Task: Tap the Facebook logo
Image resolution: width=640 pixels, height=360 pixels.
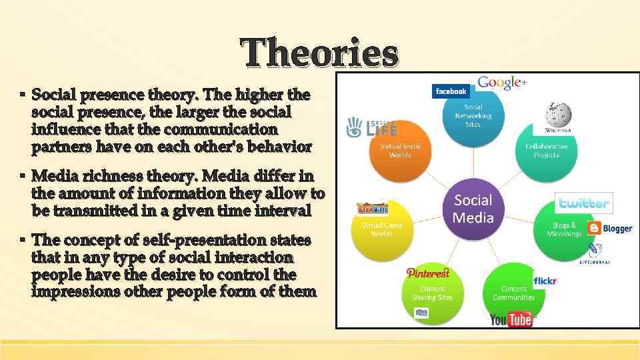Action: (451, 91)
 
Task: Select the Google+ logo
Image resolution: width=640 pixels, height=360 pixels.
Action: (502, 83)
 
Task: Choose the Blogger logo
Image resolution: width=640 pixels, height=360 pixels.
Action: (610, 228)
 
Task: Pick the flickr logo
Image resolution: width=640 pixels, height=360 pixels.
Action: (545, 281)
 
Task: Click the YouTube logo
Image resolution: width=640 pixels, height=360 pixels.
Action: (512, 319)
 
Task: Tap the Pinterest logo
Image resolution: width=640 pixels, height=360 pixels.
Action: (428, 273)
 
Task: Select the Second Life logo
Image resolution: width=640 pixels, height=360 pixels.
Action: (372, 127)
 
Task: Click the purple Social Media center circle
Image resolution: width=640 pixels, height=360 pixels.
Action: (473, 209)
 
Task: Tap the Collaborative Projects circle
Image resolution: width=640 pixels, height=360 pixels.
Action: (547, 151)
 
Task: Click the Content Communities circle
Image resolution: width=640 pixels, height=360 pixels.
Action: (513, 293)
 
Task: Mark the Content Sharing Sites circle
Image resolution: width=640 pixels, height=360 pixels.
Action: (433, 293)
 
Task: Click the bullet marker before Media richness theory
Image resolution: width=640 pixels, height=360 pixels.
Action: (22, 176)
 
